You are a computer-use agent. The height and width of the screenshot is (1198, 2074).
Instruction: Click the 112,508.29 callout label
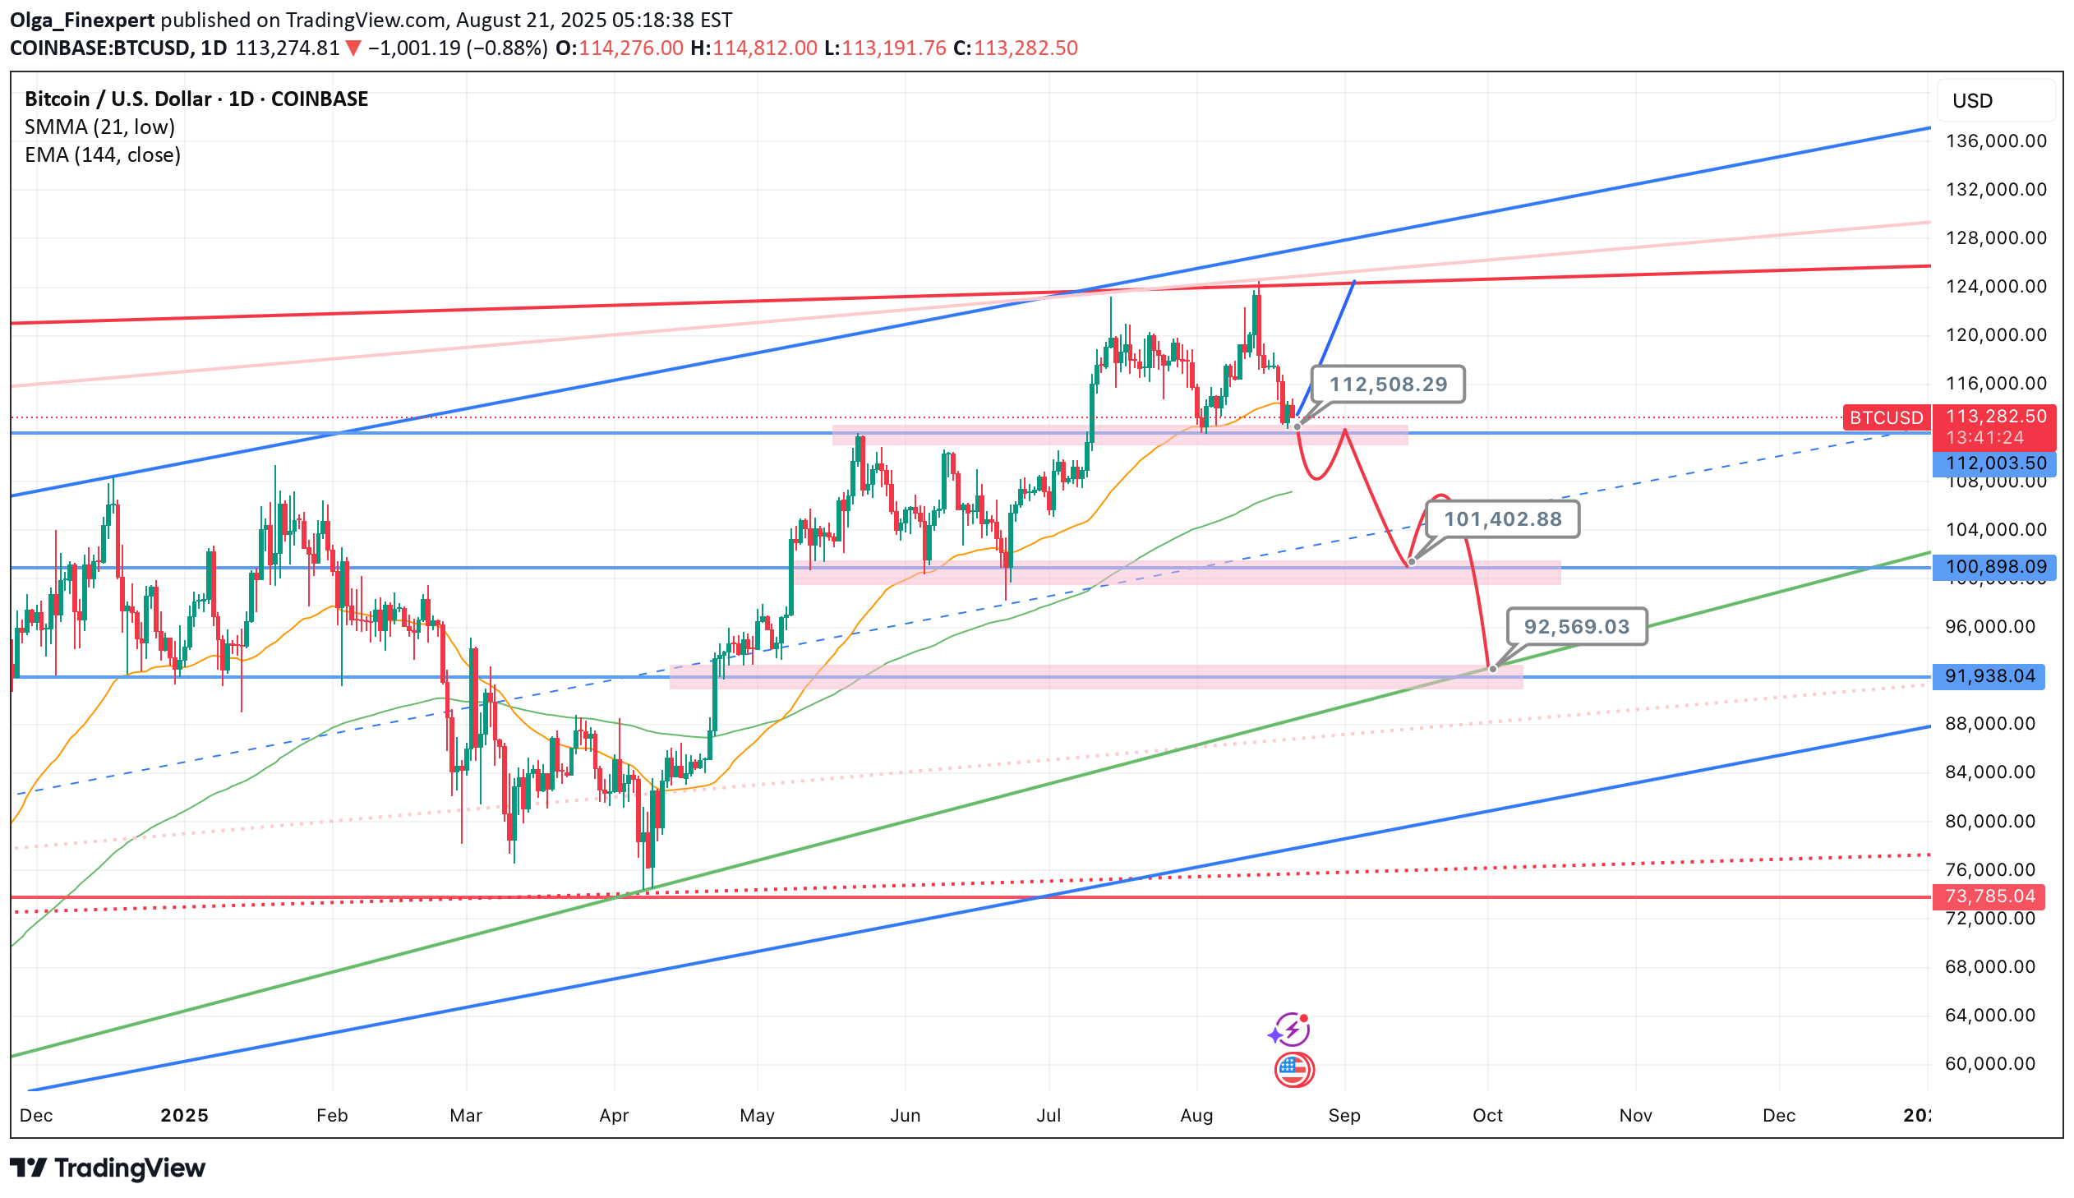click(x=1387, y=385)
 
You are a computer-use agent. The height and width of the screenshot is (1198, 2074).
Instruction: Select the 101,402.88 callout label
click(x=1501, y=519)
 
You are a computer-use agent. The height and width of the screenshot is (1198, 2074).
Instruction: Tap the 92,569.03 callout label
click(x=1575, y=627)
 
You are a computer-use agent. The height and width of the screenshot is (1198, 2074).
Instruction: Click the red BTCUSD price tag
click(x=1885, y=418)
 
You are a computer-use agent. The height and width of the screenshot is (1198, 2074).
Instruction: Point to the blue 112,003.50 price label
click(x=1994, y=463)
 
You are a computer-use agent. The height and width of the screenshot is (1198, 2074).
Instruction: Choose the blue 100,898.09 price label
click(x=1994, y=567)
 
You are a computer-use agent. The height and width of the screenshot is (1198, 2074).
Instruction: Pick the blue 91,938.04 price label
click(x=1989, y=676)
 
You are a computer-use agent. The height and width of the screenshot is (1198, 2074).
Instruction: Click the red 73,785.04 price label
click(x=1989, y=896)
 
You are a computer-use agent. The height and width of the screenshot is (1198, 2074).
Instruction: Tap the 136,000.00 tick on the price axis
click(x=1995, y=141)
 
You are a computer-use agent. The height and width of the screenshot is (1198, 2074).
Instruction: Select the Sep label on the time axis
click(x=1343, y=1116)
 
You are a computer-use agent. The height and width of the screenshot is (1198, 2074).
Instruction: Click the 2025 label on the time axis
click(x=184, y=1116)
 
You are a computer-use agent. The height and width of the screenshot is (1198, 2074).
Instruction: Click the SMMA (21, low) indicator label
click(x=99, y=127)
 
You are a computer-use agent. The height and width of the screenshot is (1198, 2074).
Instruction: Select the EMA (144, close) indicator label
click(x=103, y=154)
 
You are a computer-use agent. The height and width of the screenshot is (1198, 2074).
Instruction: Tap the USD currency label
click(x=1972, y=101)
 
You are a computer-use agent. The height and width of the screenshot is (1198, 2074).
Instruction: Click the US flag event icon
click(x=1293, y=1070)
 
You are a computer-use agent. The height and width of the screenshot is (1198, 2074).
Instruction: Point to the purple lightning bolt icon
click(x=1289, y=1030)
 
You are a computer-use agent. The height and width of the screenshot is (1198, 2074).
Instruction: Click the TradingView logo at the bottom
click(x=108, y=1168)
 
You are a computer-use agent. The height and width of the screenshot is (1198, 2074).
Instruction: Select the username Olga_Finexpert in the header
click(x=82, y=20)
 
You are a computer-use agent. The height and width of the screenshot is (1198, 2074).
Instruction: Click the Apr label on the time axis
click(x=614, y=1116)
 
